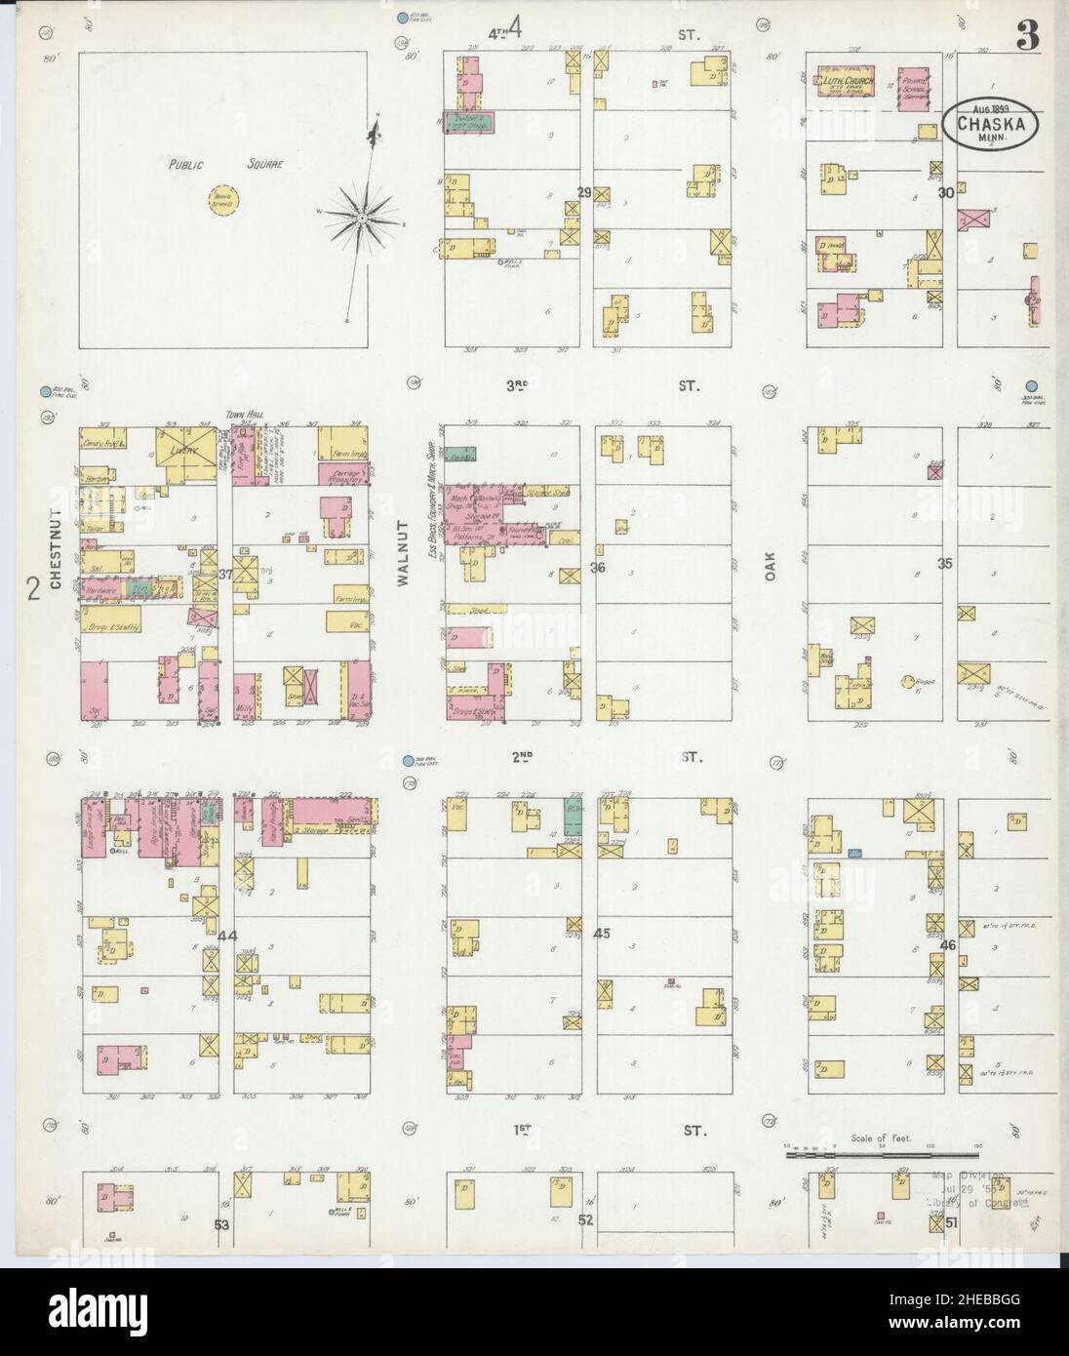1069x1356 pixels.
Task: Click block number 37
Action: click(225, 574)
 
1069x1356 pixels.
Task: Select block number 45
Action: click(601, 933)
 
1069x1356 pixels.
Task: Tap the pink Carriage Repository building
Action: click(343, 475)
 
